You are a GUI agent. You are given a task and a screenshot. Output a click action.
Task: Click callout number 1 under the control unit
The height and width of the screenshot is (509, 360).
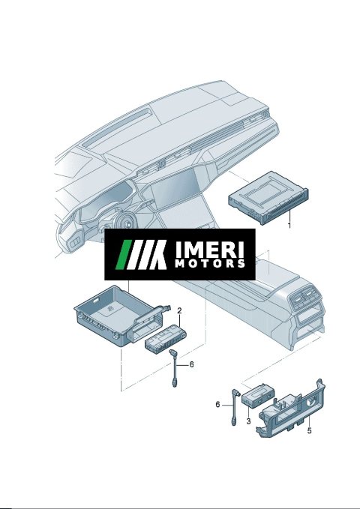pyautogui.click(x=289, y=225)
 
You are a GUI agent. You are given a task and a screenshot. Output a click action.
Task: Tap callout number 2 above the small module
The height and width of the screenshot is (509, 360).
pyautogui.click(x=179, y=310)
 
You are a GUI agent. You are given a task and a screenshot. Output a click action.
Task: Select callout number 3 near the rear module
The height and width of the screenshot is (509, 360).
pyautogui.click(x=248, y=421)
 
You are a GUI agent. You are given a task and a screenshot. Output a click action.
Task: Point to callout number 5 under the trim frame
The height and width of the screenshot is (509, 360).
pyautogui.click(x=309, y=430)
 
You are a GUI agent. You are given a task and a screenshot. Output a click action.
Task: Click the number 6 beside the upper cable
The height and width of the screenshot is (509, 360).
pyautogui.click(x=192, y=364)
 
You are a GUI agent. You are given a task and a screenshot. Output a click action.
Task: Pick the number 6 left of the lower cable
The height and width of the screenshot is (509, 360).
pyautogui.click(x=217, y=405)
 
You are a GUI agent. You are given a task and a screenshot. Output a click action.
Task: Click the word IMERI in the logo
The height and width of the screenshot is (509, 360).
pyautogui.click(x=209, y=250)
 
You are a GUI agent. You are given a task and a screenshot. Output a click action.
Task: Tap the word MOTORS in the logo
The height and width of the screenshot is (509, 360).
pyautogui.click(x=210, y=264)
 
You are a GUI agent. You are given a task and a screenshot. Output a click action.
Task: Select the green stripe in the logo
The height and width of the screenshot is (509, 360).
pyautogui.click(x=124, y=255)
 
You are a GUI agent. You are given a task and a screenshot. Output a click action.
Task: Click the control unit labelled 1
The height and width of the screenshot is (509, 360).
pyautogui.click(x=268, y=198)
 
